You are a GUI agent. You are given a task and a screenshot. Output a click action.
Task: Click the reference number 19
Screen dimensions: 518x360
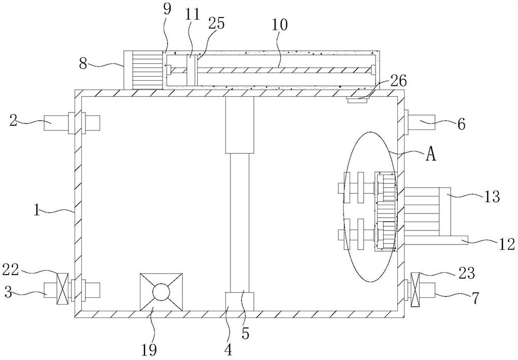pos(149,350)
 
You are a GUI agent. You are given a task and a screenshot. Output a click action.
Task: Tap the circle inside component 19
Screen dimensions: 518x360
pos(161,292)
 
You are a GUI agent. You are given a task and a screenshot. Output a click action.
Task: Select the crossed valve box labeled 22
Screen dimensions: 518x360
pos(62,289)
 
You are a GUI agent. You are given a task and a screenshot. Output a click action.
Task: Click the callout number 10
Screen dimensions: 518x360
pos(280,25)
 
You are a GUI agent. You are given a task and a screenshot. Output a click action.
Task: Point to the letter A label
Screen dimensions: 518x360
pos(431,154)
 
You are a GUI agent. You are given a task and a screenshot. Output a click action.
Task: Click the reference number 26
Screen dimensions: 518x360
pos(399,81)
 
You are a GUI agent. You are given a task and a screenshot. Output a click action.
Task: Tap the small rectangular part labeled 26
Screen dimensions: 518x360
pos(356,100)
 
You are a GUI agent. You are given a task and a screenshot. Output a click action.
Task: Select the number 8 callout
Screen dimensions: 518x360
pos(83,63)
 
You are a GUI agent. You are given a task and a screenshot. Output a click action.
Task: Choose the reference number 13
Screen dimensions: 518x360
pos(492,197)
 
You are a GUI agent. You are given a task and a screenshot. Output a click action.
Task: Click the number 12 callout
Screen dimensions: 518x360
pos(507,244)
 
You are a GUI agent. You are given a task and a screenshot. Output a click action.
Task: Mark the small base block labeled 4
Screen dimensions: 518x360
pos(239,301)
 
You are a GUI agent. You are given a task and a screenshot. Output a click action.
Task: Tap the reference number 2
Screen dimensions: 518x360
pos(13,121)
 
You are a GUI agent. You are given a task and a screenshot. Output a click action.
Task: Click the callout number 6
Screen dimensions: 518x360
pos(461,124)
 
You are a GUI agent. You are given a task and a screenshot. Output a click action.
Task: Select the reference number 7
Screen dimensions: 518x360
pos(474,298)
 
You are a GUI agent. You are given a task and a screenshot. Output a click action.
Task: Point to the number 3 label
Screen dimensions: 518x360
pos(8,292)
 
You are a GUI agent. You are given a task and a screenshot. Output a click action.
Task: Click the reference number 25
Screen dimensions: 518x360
pos(217,24)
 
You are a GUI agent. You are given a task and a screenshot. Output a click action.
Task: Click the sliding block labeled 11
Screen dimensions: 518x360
pos(190,70)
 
